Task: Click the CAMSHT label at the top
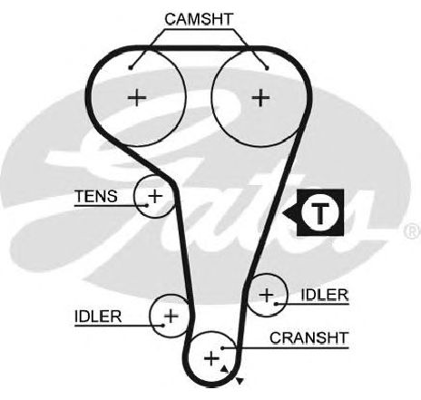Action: click(199, 19)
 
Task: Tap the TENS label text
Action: click(96, 196)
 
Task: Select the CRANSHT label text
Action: click(309, 337)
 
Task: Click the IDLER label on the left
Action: click(98, 317)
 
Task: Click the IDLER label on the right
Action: click(325, 295)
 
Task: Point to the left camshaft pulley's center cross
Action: click(137, 97)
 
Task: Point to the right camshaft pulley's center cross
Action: click(260, 97)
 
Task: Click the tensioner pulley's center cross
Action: click(155, 196)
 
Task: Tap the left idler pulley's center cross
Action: click(171, 317)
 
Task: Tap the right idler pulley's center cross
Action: click(267, 295)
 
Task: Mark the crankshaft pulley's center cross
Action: click(211, 359)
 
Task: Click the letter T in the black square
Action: click(320, 212)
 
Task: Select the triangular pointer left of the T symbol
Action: click(289, 212)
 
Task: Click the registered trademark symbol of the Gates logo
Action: click(413, 231)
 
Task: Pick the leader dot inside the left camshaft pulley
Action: click(131, 68)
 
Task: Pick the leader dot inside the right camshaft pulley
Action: click(267, 68)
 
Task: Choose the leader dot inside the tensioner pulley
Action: click(147, 205)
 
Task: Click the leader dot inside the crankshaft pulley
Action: click(222, 348)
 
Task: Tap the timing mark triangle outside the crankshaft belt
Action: click(240, 381)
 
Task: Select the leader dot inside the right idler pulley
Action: click(276, 304)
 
